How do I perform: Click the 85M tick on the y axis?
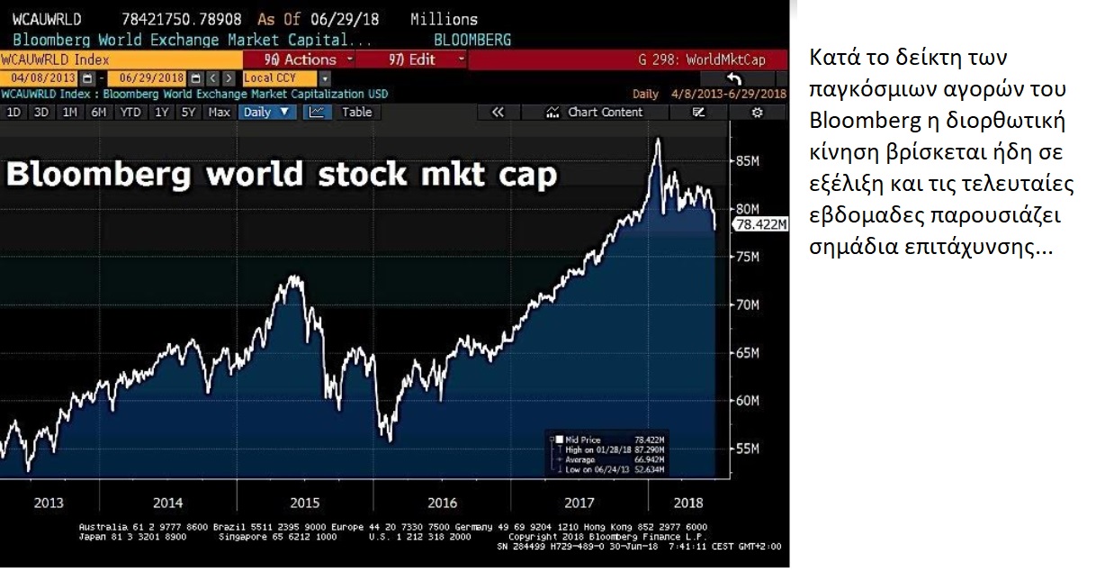pyautogui.click(x=749, y=161)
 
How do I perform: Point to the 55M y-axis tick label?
pyautogui.click(x=749, y=448)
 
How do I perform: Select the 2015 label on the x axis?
pyautogui.click(x=305, y=503)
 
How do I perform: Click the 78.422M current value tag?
pyautogui.click(x=761, y=224)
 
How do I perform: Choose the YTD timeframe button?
pyautogui.click(x=130, y=113)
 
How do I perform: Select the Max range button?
pyautogui.click(x=219, y=113)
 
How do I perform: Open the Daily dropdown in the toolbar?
pyautogui.click(x=267, y=113)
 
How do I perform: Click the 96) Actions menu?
pyautogui.click(x=301, y=59)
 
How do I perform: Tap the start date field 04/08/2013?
pyautogui.click(x=32, y=78)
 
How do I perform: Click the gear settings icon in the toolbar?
pyautogui.click(x=757, y=113)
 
